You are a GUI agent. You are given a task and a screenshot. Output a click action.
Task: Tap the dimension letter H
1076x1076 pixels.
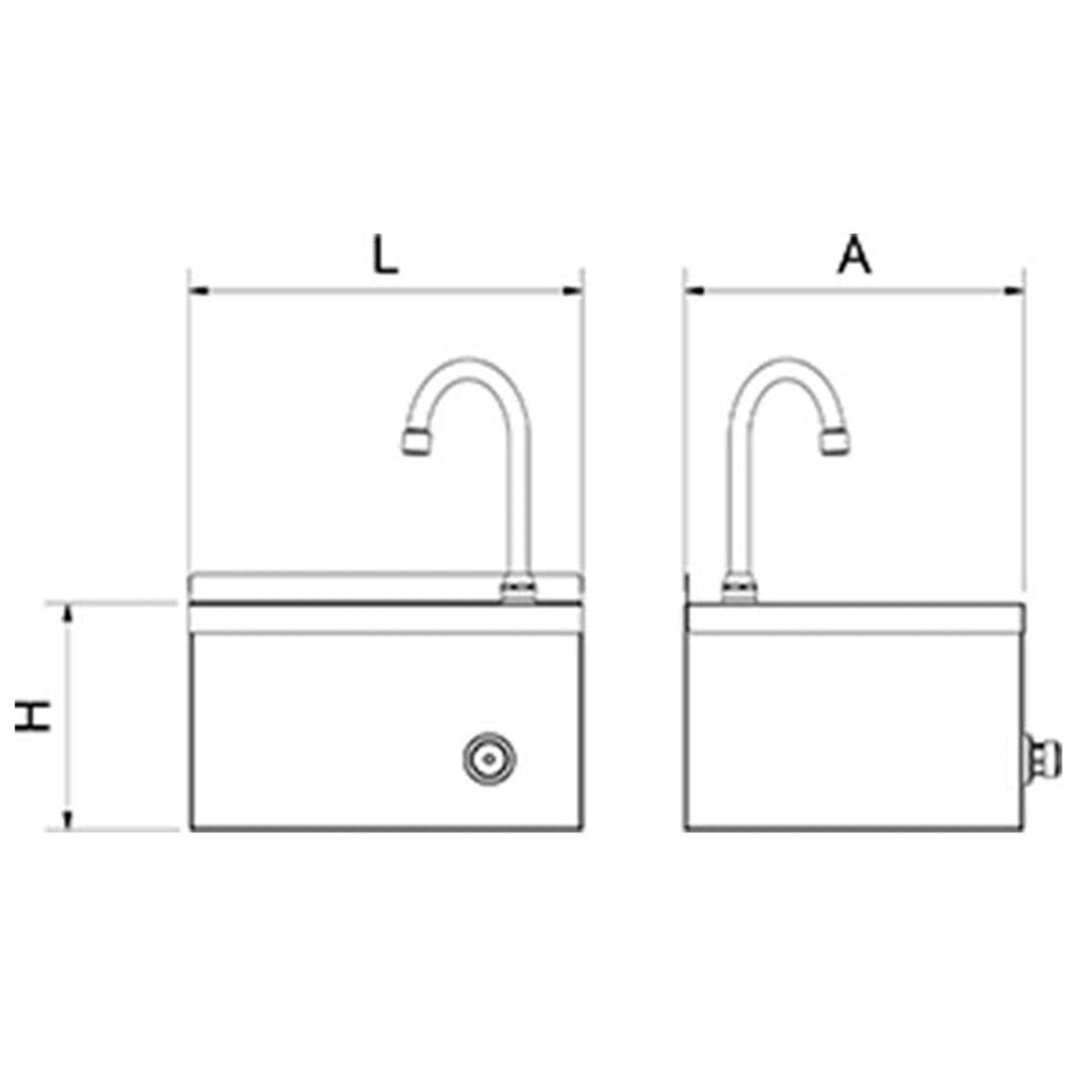click(x=34, y=716)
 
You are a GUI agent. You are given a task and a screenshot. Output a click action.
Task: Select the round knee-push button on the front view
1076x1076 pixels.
click(x=490, y=757)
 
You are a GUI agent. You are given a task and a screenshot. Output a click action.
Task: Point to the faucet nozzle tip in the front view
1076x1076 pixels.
click(x=416, y=442)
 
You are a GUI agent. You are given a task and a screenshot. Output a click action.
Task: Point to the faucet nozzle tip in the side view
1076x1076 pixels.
click(x=834, y=441)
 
